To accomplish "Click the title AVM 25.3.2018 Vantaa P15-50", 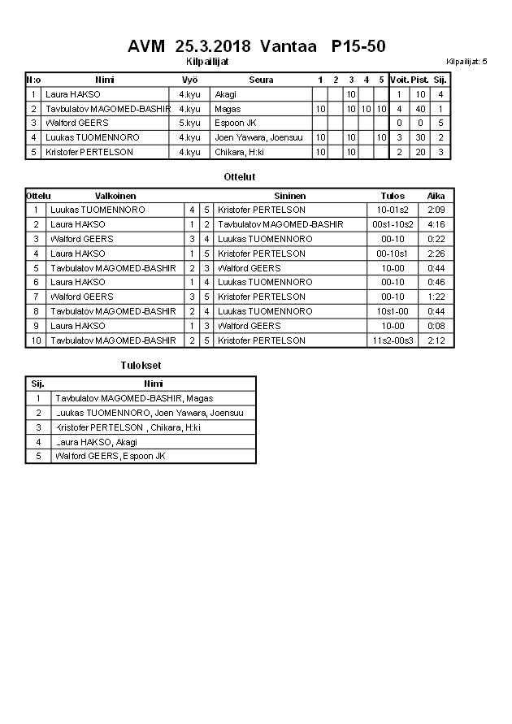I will click(256, 46).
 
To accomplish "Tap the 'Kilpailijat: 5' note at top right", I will click(467, 62).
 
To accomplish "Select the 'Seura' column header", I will click(261, 80).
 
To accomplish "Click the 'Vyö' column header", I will click(189, 80).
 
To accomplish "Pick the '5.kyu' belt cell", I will click(189, 123).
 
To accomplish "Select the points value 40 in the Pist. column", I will click(420, 109).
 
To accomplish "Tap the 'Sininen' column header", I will click(290, 196).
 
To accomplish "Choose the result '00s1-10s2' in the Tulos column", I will click(393, 224).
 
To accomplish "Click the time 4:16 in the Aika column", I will click(436, 224).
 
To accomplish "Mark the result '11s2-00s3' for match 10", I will click(393, 340).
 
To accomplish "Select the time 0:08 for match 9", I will click(436, 326).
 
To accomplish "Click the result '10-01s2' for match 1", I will click(393, 210).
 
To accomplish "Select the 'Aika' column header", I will click(436, 196).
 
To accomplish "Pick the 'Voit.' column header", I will click(399, 80).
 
